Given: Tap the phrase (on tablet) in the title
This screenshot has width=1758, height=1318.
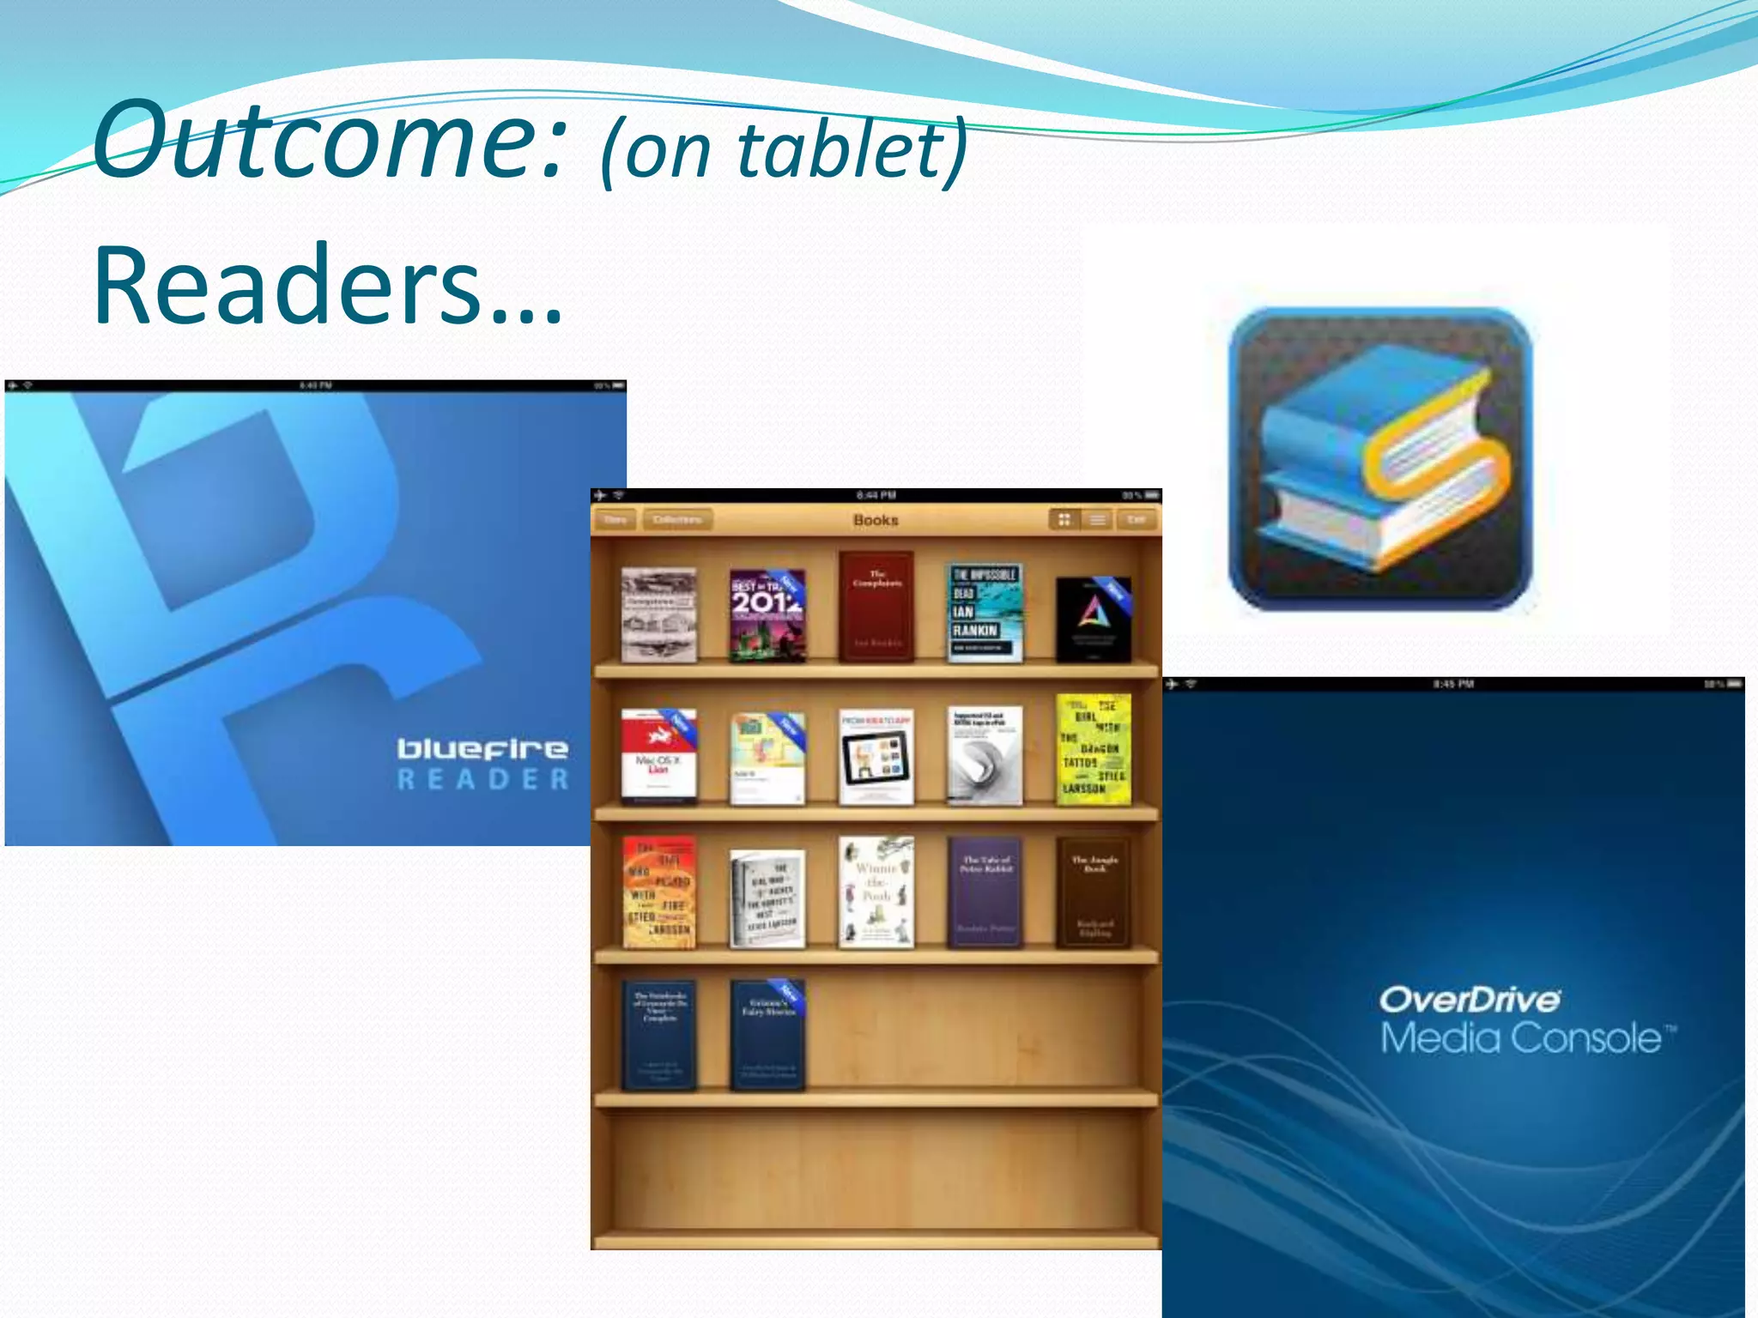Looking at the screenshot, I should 783,151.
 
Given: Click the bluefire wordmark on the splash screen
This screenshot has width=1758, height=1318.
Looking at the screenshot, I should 482,748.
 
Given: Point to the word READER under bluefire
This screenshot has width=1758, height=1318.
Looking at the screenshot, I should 482,779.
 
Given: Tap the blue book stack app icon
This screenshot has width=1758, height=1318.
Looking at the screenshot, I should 1380,458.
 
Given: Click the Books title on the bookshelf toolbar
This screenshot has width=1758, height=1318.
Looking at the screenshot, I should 876,520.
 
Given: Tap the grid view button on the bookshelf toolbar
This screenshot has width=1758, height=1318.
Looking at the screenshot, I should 1064,520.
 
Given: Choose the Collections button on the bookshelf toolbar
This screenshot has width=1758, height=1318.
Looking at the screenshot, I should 677,520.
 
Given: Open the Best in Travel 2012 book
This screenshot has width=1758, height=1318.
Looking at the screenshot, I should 767,614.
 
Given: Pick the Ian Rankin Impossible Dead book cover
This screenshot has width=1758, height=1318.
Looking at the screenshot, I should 985,612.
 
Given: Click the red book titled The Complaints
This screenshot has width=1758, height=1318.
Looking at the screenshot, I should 876,606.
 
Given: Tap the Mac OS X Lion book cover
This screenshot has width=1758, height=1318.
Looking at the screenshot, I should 658,755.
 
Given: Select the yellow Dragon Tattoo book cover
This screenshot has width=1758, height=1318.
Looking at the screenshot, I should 1093,749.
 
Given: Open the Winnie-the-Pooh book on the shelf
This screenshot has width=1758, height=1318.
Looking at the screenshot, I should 876,892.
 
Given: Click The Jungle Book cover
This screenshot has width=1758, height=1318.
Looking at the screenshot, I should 1094,892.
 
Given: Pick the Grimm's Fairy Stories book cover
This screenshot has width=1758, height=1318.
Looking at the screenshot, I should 767,1035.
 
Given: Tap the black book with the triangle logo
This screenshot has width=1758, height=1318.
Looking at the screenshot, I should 1093,619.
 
